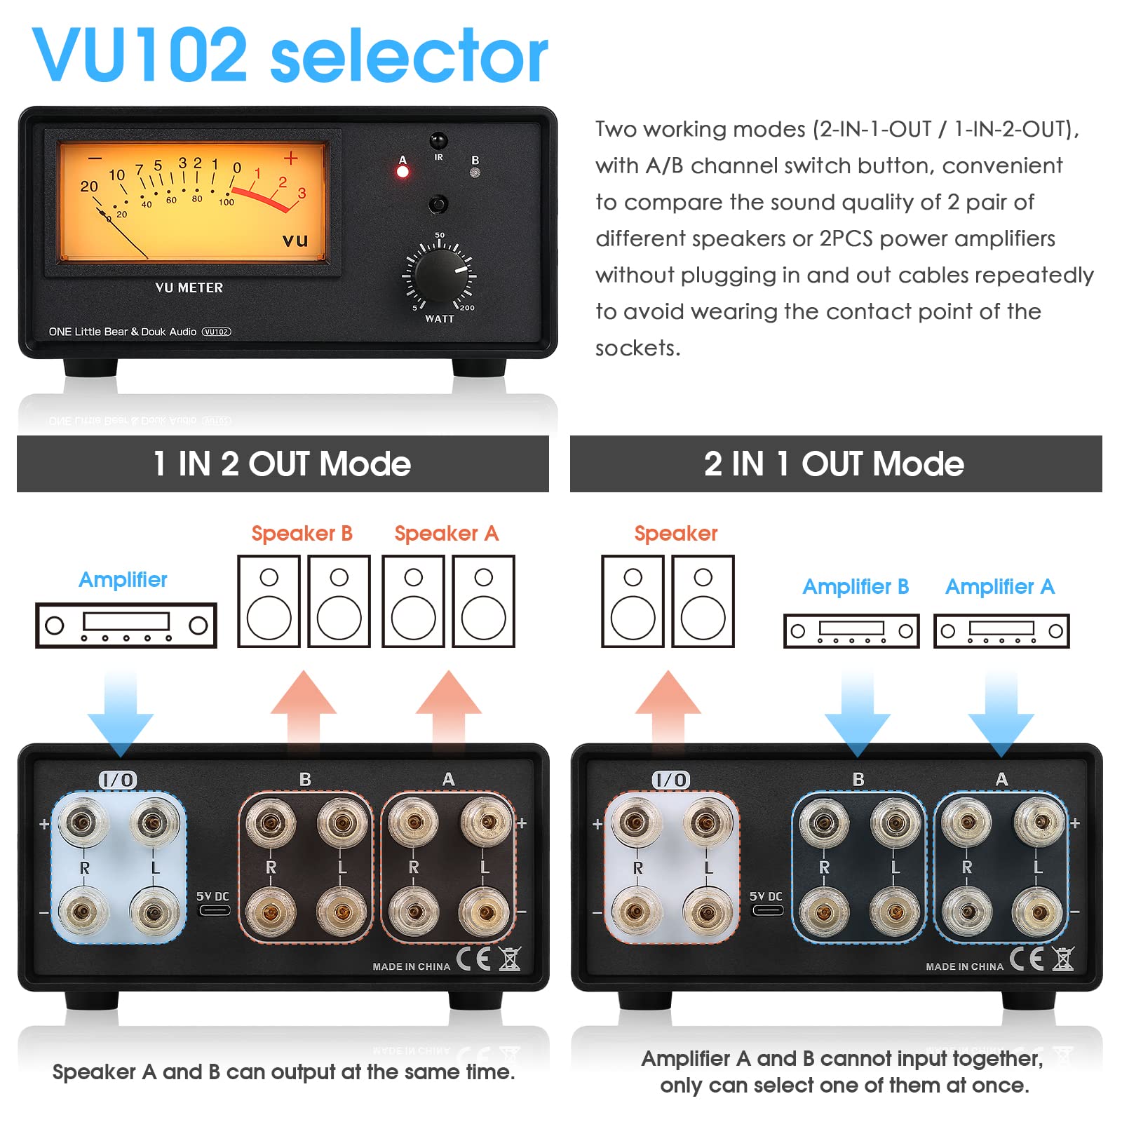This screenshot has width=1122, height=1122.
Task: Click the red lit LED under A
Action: click(403, 173)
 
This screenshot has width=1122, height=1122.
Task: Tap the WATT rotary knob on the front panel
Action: click(440, 273)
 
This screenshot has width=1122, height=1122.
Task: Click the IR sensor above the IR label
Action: click(438, 140)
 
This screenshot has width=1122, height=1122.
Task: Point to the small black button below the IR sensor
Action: click(438, 204)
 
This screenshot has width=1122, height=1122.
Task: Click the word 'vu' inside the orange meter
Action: click(295, 240)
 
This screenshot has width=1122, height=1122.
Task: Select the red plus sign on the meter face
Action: click(290, 158)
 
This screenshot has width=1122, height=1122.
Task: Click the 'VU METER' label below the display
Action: click(189, 288)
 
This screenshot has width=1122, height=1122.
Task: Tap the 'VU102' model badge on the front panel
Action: click(216, 332)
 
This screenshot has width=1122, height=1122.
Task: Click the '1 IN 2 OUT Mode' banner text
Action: click(282, 464)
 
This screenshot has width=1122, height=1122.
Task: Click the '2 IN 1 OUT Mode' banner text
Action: click(834, 464)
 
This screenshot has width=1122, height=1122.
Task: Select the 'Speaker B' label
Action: click(302, 534)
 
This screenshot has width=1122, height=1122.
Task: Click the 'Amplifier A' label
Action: click(999, 586)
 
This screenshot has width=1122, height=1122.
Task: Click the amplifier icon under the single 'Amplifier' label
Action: click(126, 625)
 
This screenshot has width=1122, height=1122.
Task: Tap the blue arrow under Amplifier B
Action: click(857, 715)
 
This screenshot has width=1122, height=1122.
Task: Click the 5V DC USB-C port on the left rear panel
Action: click(214, 911)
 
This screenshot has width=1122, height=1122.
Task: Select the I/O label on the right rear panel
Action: click(671, 780)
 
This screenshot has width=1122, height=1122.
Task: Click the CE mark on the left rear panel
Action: click(473, 959)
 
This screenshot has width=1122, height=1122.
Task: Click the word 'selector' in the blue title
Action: click(409, 56)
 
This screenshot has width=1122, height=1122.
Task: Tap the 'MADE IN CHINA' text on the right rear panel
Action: click(964, 966)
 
